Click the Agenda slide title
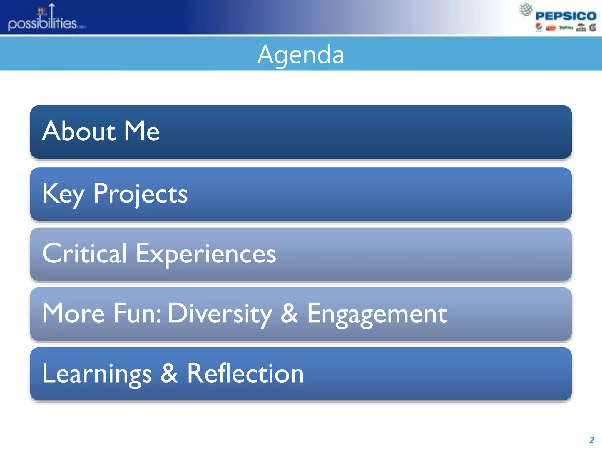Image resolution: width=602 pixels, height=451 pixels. (301, 55)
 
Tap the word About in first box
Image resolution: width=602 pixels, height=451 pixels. (78, 131)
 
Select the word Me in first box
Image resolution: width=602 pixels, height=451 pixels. (141, 131)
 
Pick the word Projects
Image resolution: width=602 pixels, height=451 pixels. (140, 194)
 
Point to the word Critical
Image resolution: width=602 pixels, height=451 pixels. (84, 253)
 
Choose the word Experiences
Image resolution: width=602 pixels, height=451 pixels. (205, 254)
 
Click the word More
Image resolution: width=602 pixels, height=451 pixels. (73, 314)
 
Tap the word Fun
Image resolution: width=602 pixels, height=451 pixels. (137, 314)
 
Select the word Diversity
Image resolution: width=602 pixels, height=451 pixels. (220, 314)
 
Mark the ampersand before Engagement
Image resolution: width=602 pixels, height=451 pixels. (289, 314)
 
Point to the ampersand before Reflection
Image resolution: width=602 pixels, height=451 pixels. (169, 373)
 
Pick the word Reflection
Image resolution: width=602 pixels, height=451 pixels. (245, 373)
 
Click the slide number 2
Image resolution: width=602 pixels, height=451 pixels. (591, 440)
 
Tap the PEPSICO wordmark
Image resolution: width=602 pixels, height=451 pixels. (566, 16)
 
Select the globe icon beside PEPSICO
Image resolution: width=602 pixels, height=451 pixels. (526, 9)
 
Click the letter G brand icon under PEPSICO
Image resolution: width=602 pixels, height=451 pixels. (593, 28)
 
